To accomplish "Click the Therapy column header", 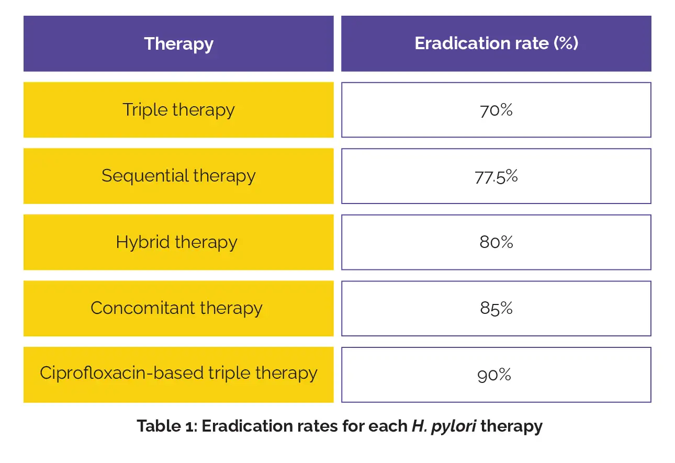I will point(178,44).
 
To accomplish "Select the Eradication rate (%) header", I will point(496,43).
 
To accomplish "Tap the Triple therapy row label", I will point(178,110).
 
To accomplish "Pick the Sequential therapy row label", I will point(178,176).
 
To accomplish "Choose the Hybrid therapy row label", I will point(176,242).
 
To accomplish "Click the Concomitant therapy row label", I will point(176,308).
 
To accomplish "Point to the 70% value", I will point(496,110).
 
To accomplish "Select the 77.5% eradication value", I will point(496,176).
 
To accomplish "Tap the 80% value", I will point(496,242).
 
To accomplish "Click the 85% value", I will point(496,309).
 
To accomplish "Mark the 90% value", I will point(494,375).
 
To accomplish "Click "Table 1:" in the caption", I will point(166,426).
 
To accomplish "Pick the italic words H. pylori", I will point(444,426).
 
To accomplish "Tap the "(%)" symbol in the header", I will point(566,43).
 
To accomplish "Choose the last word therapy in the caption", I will point(511,426).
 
